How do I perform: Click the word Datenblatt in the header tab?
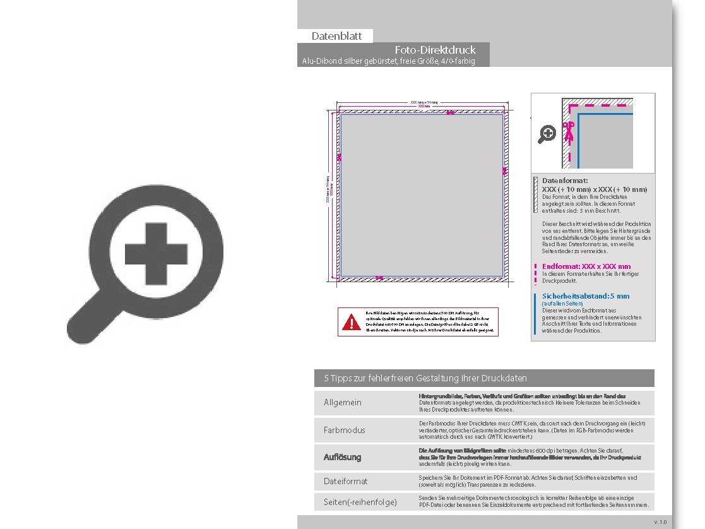tap(336, 36)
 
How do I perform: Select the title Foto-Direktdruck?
tap(435, 50)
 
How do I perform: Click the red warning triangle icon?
tap(351, 323)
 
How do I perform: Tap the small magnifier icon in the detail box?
tap(547, 133)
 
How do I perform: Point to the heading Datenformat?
tap(565, 181)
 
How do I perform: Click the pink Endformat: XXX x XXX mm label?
tap(586, 266)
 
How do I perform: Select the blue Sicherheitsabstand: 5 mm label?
tap(585, 296)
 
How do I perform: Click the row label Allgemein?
tap(343, 403)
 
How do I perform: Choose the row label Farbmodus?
tap(344, 430)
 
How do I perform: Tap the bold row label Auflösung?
tap(343, 456)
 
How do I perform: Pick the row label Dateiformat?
tap(345, 481)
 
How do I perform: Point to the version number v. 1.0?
tap(660, 522)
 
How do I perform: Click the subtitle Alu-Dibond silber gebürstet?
tap(388, 61)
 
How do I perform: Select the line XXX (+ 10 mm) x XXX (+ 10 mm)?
tap(595, 189)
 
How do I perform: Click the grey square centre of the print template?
tap(422, 196)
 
